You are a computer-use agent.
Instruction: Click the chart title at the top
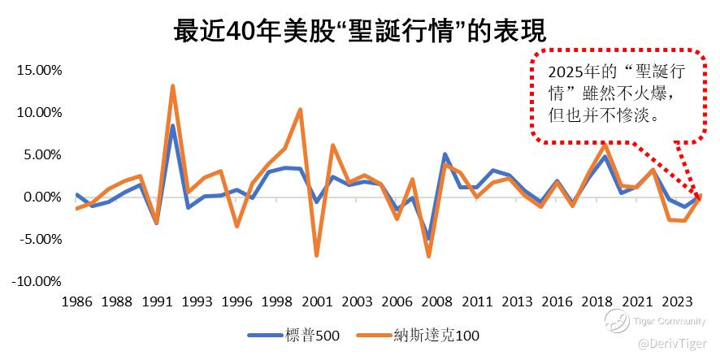[x=359, y=30]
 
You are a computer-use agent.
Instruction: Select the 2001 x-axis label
[x=317, y=301]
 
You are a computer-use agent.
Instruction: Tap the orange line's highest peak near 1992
[x=172, y=85]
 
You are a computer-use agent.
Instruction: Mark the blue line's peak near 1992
[x=172, y=125]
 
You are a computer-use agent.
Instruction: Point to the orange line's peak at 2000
[x=301, y=109]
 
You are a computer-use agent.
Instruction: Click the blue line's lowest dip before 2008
[x=429, y=239]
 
